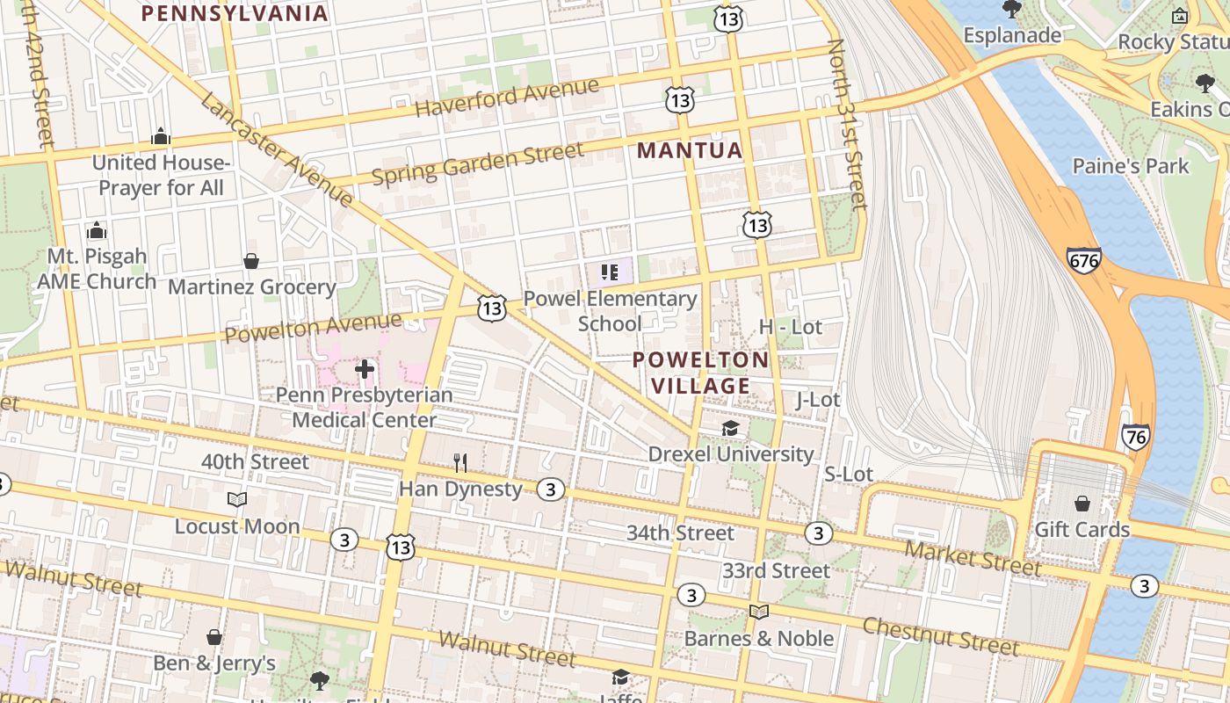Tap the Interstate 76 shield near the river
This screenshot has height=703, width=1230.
pyautogui.click(x=1135, y=437)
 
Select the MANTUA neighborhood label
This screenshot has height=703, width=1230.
pyautogui.click(x=690, y=150)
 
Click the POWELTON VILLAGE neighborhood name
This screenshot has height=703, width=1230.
pyautogui.click(x=700, y=373)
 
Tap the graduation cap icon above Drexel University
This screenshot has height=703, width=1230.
pyautogui.click(x=730, y=429)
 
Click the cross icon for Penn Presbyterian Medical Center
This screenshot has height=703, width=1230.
pyautogui.click(x=365, y=369)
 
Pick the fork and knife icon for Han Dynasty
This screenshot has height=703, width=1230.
pyautogui.click(x=459, y=462)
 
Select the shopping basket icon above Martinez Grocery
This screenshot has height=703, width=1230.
pyautogui.click(x=251, y=262)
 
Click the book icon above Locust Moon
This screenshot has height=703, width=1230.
pyautogui.click(x=236, y=500)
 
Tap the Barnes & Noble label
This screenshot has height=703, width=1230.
pyautogui.click(x=758, y=638)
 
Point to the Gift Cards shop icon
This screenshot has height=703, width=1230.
pyautogui.click(x=1082, y=504)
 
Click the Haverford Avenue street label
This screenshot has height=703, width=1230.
pyautogui.click(x=507, y=98)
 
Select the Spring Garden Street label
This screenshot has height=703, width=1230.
pyautogui.click(x=477, y=163)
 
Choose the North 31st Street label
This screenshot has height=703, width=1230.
pyautogui.click(x=847, y=123)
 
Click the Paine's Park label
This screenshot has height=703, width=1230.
pyautogui.click(x=1130, y=166)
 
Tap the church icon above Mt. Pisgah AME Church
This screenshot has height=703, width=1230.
pyautogui.click(x=97, y=231)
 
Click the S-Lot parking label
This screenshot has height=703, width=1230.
pyautogui.click(x=848, y=475)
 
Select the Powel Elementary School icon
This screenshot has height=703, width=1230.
pyautogui.click(x=609, y=272)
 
